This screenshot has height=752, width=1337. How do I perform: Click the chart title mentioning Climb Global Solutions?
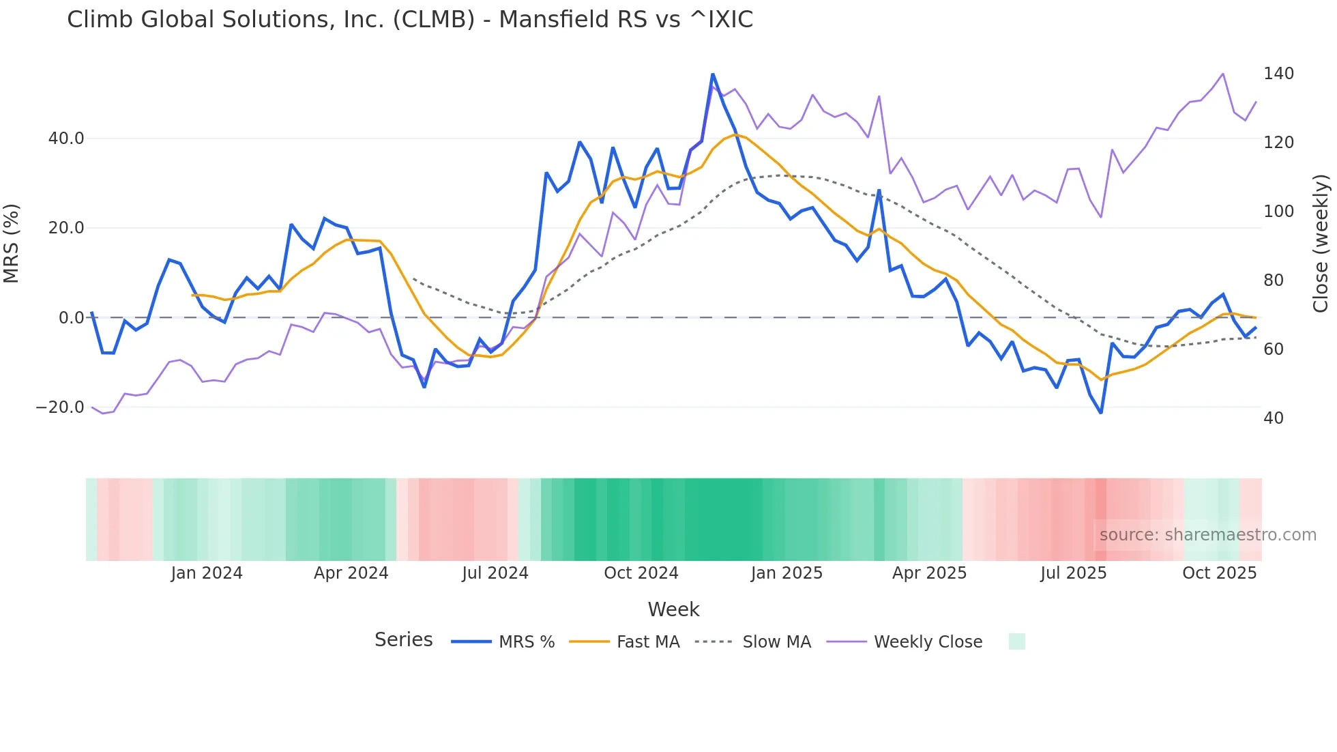409,20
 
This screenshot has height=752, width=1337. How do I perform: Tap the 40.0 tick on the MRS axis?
66,139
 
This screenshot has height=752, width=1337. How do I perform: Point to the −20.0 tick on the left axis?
60,407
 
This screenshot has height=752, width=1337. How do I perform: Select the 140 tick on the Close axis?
1278,74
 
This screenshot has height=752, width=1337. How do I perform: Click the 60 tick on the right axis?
1273,349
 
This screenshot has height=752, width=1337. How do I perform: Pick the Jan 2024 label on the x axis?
206,573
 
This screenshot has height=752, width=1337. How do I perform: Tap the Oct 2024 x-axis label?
641,573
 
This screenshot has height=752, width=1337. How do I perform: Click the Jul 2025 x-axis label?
1073,573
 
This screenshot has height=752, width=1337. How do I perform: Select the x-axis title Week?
673,609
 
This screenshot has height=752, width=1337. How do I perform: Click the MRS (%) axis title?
12,244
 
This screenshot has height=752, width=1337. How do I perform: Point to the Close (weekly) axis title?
1321,244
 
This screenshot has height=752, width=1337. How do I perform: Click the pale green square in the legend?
1016,641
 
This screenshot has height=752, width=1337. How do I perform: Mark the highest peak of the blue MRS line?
712,74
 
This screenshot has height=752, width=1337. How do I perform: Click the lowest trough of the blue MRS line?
1100,412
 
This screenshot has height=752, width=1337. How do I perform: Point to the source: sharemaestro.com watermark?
1207,535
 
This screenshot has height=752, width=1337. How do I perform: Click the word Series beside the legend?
403,640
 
